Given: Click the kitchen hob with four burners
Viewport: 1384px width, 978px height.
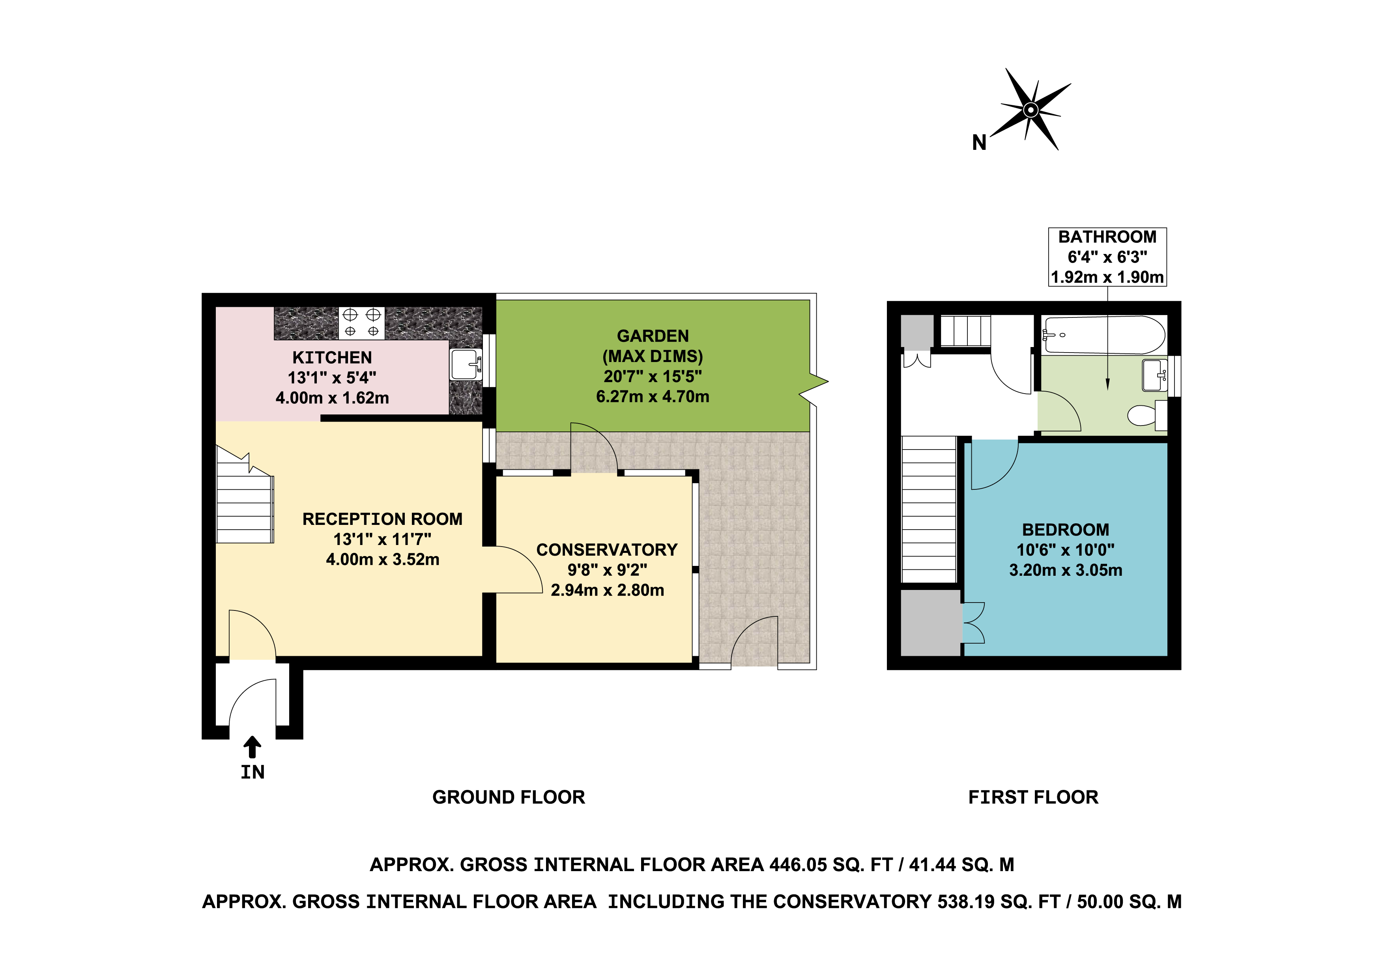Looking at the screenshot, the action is [362, 323].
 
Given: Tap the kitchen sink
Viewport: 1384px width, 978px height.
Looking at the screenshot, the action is [466, 364].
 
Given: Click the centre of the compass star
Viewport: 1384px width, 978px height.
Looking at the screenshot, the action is [1031, 110].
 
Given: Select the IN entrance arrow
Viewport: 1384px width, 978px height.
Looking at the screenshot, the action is [252, 747].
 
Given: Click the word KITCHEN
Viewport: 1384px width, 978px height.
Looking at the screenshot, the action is [332, 357].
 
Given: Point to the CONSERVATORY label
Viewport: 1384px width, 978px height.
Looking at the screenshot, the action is [607, 550].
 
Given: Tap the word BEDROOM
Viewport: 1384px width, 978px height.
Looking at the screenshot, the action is [1066, 530].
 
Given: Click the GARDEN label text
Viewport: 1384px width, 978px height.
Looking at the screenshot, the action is [653, 336].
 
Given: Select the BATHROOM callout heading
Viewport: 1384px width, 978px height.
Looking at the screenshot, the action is [1107, 237].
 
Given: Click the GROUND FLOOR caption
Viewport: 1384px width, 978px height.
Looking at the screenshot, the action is [509, 797].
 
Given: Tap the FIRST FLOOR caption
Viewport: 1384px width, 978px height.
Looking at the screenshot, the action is [1033, 797].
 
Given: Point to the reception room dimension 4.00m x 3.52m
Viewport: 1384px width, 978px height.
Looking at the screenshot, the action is [383, 559].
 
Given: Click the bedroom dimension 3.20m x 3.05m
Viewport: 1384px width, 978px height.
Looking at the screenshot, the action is [1066, 570].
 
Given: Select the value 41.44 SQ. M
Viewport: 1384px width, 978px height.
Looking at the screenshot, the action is [961, 865].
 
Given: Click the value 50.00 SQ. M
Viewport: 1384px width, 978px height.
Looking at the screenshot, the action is [1129, 901].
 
